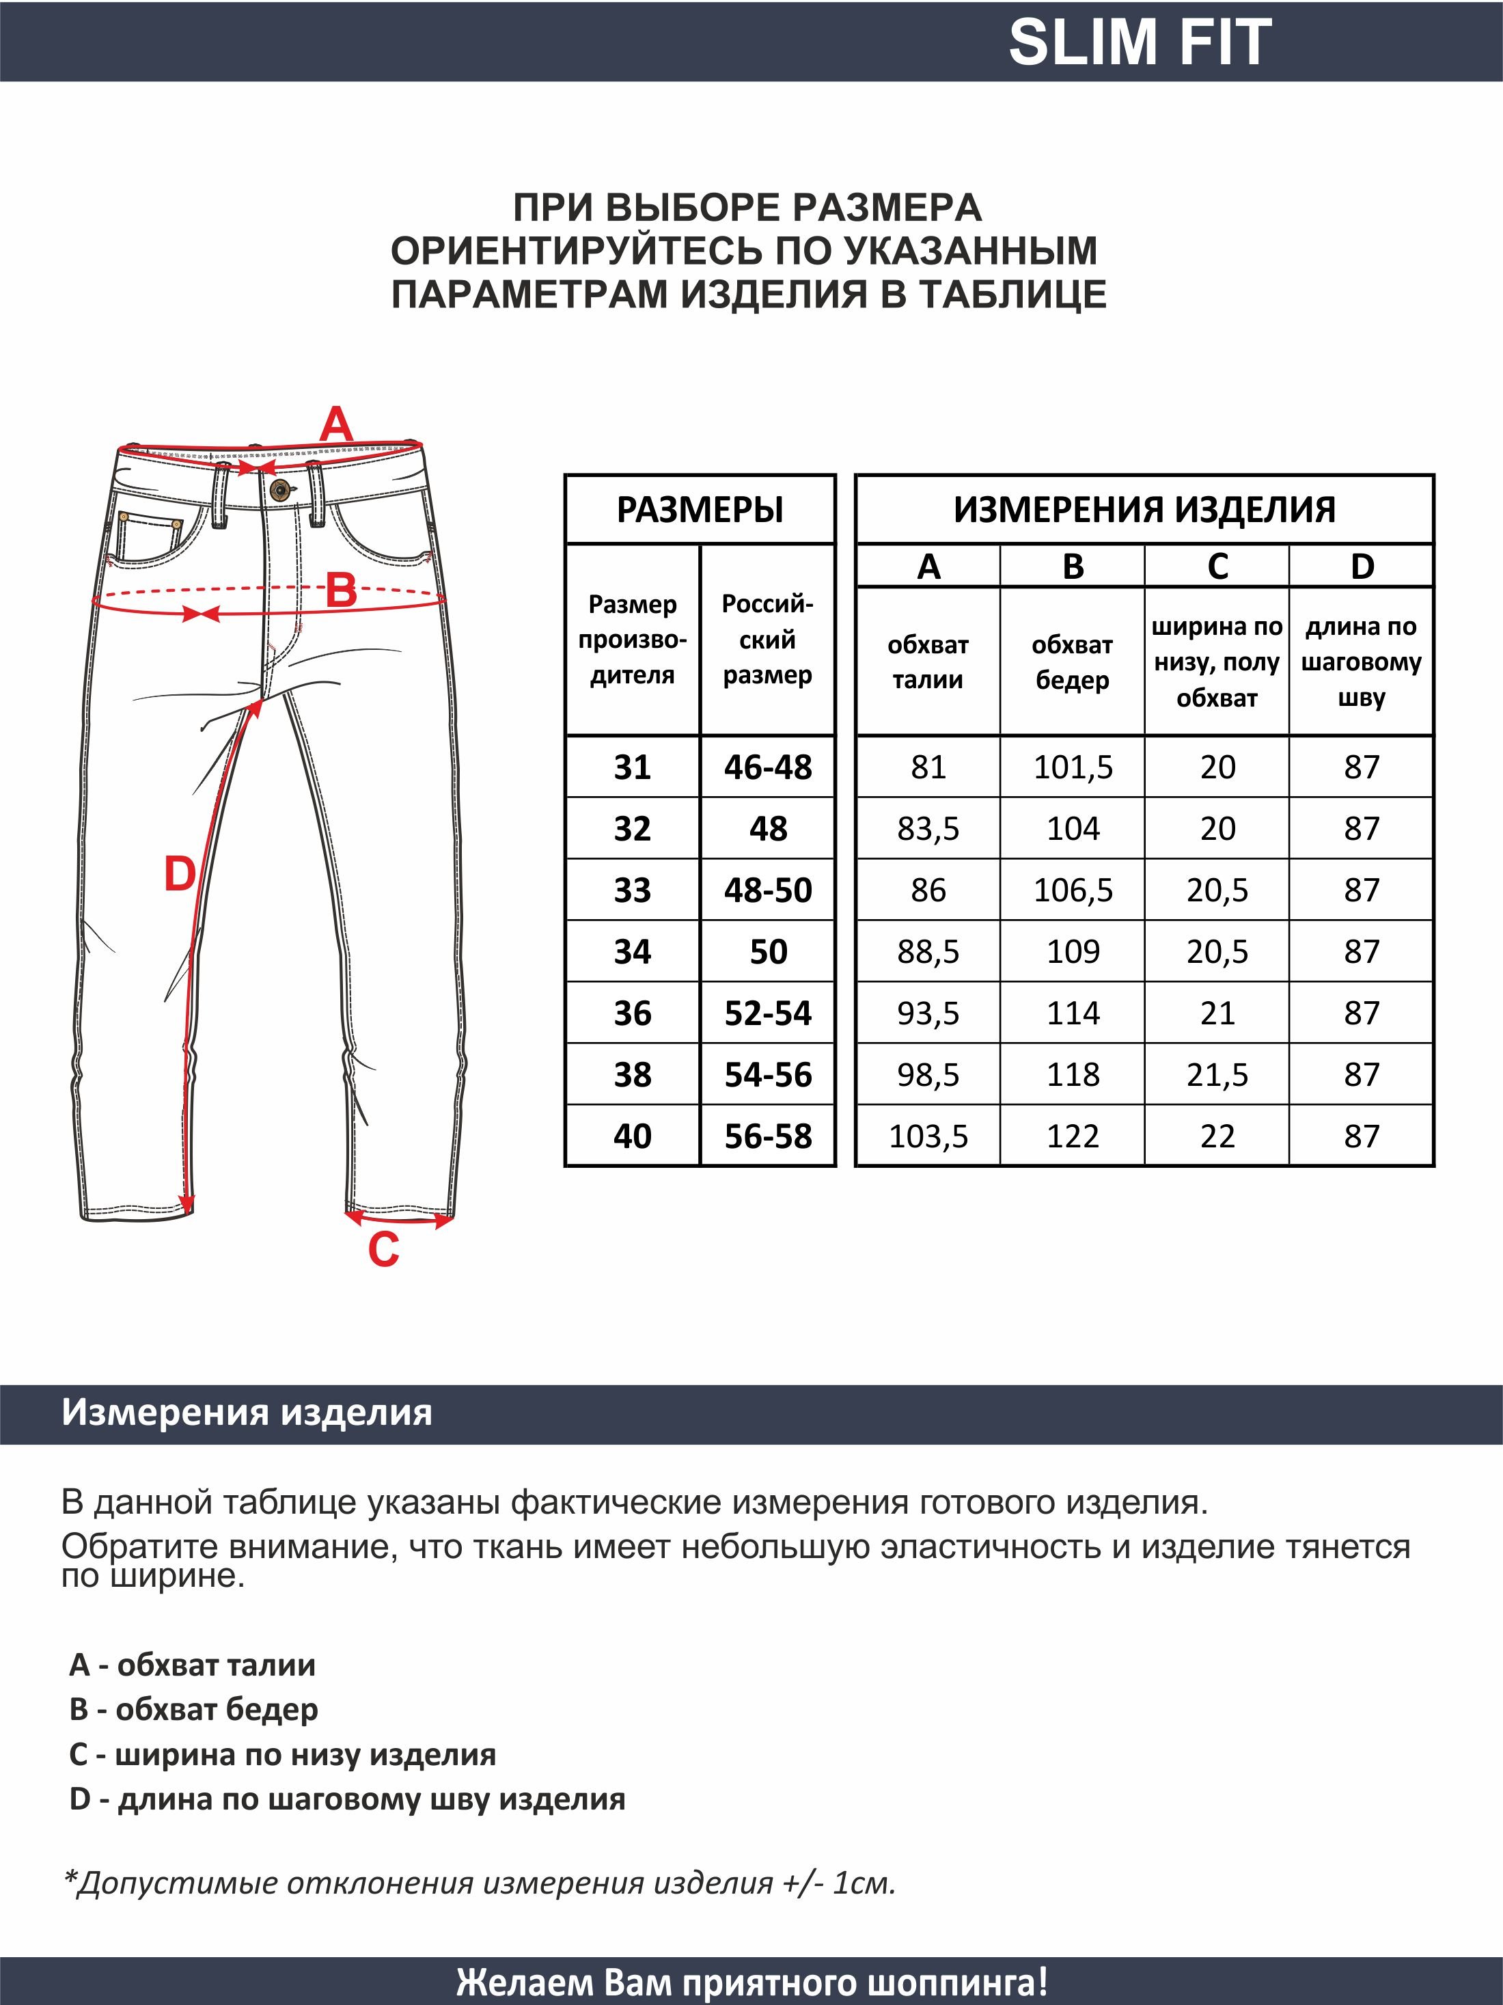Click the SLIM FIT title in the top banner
1139,42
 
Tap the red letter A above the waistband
336,424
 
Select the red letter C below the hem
383,1250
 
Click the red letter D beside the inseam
180,875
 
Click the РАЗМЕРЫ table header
700,509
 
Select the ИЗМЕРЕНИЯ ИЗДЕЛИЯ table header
1144,509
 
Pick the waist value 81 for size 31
928,767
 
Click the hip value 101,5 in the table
1073,767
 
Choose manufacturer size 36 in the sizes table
633,1013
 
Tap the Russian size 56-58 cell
769,1136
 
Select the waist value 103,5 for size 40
928,1136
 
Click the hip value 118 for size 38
1073,1075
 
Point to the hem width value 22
1217,1136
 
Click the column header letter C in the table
1217,567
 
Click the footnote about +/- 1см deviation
478,1883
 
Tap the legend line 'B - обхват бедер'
194,1710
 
